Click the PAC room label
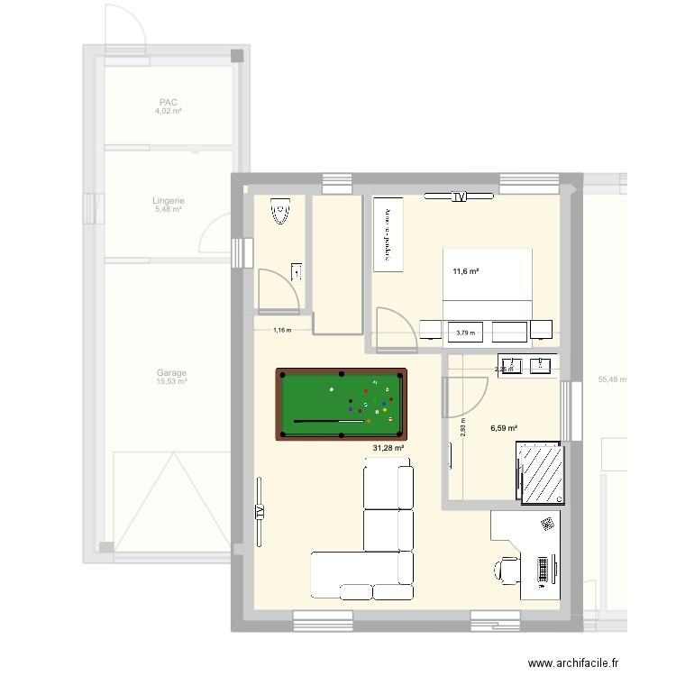pos(168,103)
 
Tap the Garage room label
pos(171,372)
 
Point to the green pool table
pos(341,404)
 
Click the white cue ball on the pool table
pos(333,389)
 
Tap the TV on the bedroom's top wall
pos(459,196)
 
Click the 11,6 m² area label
pos(465,271)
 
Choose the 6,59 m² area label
pos(504,429)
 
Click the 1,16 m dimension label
pos(281,330)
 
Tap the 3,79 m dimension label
pos(465,333)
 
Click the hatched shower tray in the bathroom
pos(541,472)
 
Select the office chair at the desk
pos(507,570)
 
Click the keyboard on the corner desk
pos(544,570)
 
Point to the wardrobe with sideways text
pos(388,233)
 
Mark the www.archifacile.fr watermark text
pos(574,662)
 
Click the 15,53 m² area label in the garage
pos(171,382)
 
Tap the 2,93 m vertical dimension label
pos(462,426)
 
